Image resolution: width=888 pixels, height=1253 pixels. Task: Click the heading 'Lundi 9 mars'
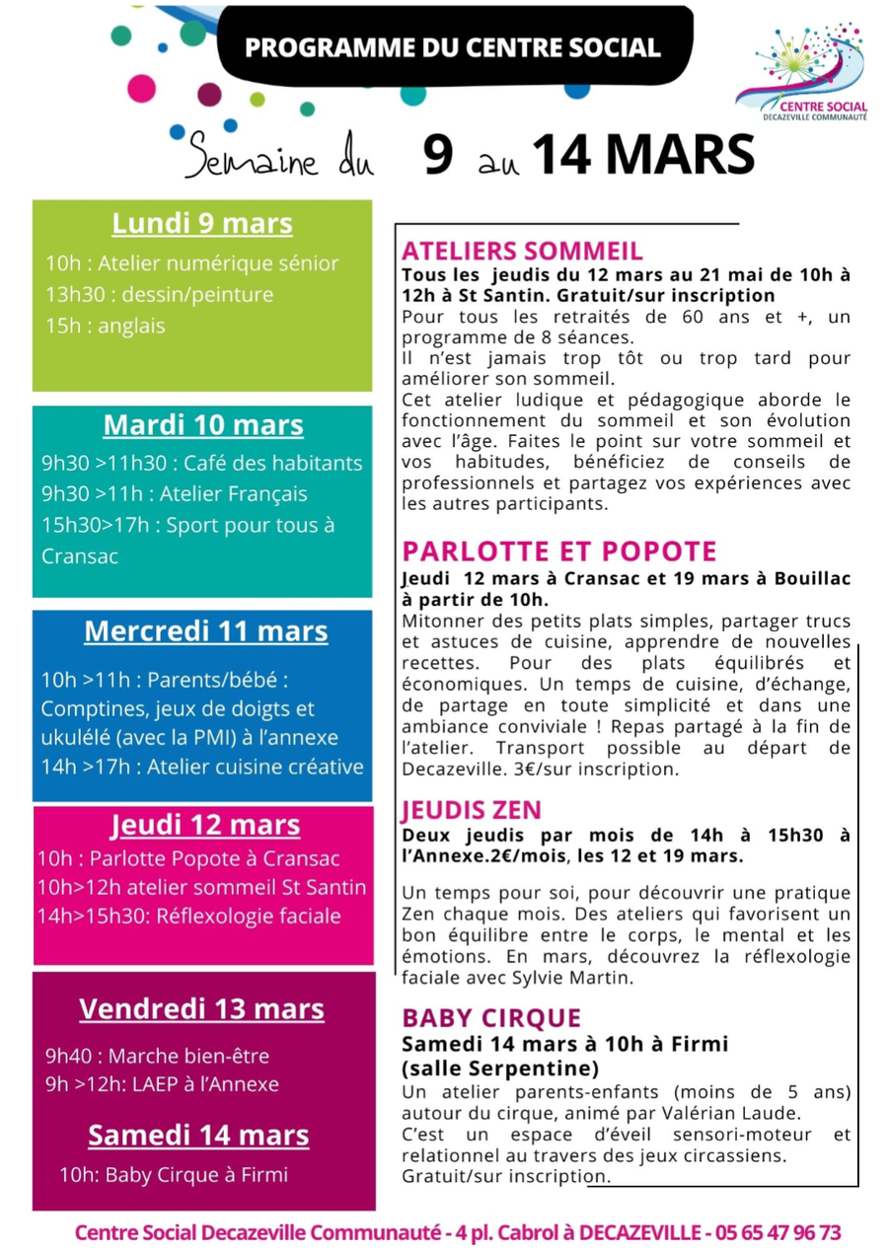pyautogui.click(x=202, y=224)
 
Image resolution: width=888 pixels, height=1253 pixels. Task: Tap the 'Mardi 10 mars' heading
pyautogui.click(x=203, y=425)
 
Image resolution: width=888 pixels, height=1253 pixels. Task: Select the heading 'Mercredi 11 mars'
pyautogui.click(x=206, y=630)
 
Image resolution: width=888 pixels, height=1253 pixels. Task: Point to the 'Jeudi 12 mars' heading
pyautogui.click(x=205, y=825)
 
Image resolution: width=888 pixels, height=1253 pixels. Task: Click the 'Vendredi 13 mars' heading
pyautogui.click(x=201, y=1009)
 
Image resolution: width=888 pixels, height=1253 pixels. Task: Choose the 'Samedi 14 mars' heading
pyautogui.click(x=198, y=1136)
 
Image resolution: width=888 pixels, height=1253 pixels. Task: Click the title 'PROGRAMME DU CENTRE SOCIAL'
pyautogui.click(x=453, y=47)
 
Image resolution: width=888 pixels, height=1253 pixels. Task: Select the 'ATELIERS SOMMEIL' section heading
pyautogui.click(x=522, y=251)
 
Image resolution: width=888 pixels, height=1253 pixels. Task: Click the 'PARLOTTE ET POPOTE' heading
pyautogui.click(x=559, y=552)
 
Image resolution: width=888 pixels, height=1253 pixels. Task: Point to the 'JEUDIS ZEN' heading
pyautogui.click(x=471, y=810)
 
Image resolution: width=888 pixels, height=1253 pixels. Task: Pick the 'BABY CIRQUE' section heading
pyautogui.click(x=491, y=1018)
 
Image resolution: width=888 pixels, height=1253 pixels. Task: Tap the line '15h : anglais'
pyautogui.click(x=106, y=326)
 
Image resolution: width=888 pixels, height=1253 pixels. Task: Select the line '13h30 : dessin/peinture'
pyautogui.click(x=159, y=294)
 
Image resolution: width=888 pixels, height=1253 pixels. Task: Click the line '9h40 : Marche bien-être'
pyautogui.click(x=157, y=1056)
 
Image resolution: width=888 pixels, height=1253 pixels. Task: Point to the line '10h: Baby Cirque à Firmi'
pyautogui.click(x=174, y=1174)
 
